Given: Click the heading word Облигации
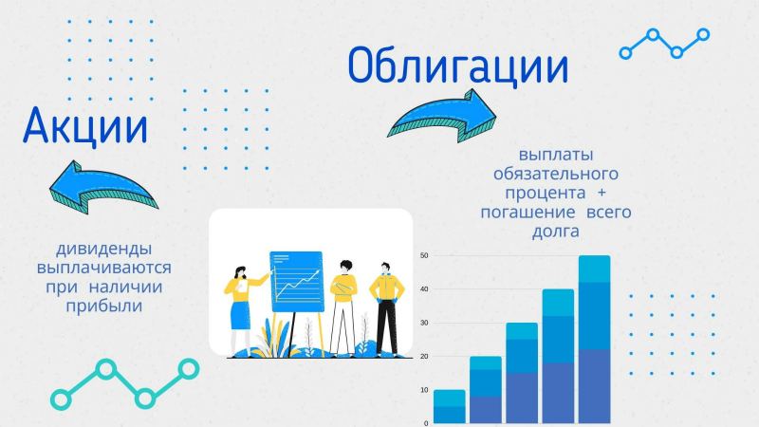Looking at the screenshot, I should (x=458, y=66).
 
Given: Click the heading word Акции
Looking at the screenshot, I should (x=85, y=125).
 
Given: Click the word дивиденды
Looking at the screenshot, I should (x=104, y=249).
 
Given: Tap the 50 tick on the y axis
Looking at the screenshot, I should (x=425, y=255).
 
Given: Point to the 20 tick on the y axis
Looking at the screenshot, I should (x=425, y=356).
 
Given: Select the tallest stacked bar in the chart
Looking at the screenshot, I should (x=594, y=339).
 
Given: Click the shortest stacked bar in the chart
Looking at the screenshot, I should (x=449, y=406).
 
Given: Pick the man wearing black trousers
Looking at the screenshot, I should (x=386, y=306).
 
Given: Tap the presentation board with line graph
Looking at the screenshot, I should (x=297, y=281).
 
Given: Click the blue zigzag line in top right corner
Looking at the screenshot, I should (x=664, y=43).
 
